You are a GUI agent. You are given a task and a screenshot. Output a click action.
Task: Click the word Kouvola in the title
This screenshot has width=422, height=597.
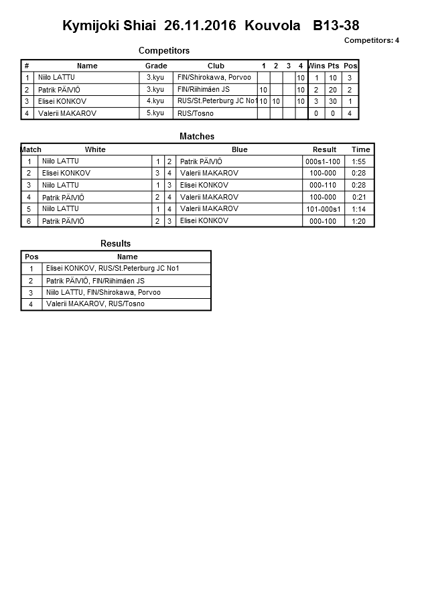coord(273,27)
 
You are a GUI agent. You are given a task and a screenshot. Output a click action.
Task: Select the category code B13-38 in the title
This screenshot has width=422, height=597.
coord(336,27)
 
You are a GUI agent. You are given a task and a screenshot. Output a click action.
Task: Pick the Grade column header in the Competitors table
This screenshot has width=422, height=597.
coord(156,66)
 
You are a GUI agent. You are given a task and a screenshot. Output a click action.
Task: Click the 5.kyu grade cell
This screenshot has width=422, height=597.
coord(155,113)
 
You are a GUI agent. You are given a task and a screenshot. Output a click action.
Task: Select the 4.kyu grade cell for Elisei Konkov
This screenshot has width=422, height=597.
coord(155,101)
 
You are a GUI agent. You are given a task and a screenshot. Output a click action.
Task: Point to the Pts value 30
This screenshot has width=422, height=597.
coord(333,102)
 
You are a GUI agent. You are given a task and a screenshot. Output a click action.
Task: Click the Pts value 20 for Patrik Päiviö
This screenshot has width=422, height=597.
coord(333,90)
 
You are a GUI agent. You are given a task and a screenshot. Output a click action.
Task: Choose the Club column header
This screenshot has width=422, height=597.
coord(216,66)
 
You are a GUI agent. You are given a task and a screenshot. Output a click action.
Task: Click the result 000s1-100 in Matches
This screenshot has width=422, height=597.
coord(323,161)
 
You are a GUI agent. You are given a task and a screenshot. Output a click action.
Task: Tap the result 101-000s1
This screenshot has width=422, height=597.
coord(323,209)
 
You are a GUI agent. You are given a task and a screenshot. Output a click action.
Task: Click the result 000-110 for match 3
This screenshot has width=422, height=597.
coord(323,185)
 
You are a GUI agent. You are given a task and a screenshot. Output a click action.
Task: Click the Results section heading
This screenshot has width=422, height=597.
coord(115,244)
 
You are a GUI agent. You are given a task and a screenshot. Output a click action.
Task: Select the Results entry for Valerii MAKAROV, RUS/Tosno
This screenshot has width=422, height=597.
coord(95,304)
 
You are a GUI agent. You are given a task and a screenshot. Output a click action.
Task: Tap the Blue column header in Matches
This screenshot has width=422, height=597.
coord(239,149)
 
